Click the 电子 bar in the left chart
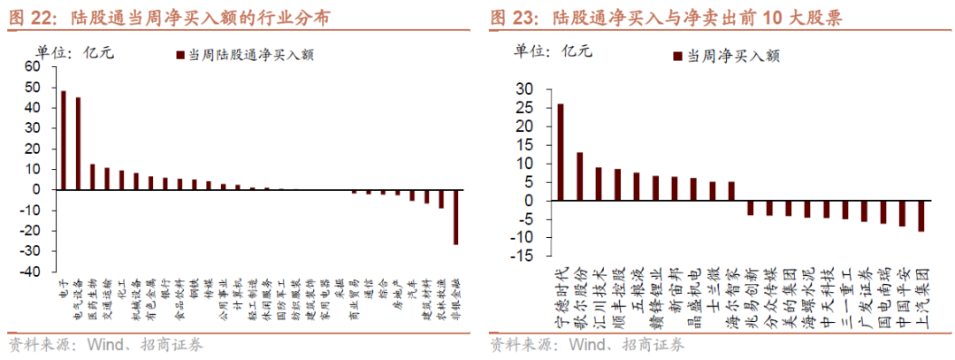63,140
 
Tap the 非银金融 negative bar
456,217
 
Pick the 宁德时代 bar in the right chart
560,152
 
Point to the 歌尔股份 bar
579,176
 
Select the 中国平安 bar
901,213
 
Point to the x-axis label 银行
165,291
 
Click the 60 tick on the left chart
32,66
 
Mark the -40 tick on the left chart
29,272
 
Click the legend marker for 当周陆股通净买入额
181,55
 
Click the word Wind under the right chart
587,345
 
